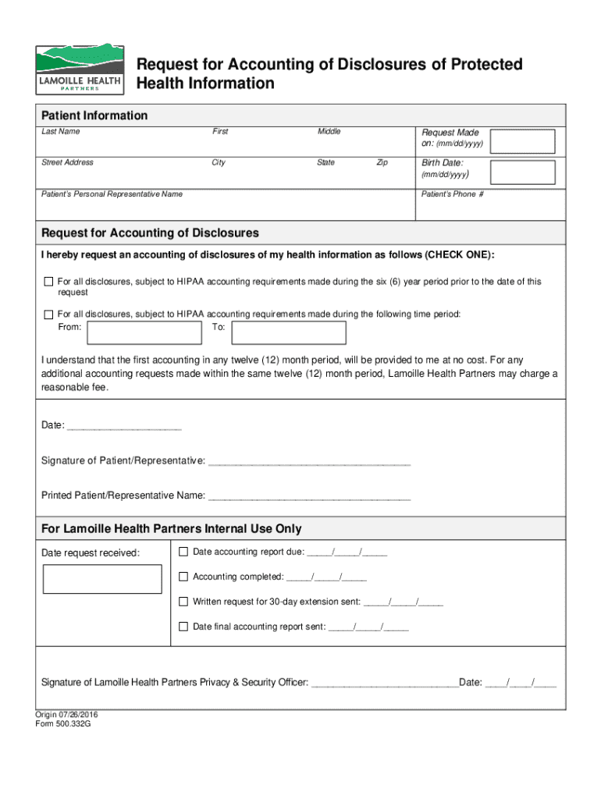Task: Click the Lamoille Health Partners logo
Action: (x=80, y=70)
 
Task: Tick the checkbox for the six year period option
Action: (x=48, y=282)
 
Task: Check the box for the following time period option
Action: (x=48, y=314)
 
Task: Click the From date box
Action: (x=144, y=333)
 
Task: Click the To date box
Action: (x=290, y=333)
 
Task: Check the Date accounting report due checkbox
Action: (x=183, y=552)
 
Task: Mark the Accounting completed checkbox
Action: (x=183, y=577)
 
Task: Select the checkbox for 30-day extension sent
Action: (x=183, y=602)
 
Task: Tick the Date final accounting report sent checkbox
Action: (x=183, y=627)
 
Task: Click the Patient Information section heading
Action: (x=94, y=115)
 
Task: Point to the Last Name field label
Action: (x=60, y=132)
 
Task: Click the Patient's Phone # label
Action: (x=452, y=194)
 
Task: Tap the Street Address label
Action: (x=67, y=162)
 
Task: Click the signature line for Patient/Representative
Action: (x=309, y=461)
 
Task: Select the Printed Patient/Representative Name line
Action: (x=309, y=495)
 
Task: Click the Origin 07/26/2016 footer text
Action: (x=66, y=714)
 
